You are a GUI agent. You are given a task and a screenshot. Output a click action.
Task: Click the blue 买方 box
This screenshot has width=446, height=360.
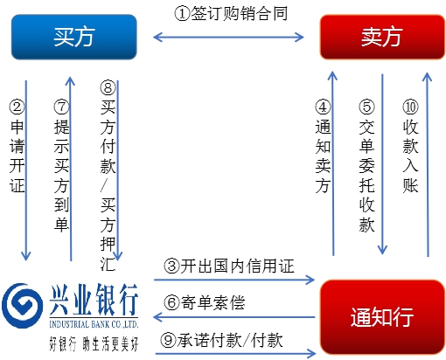tap(74, 37)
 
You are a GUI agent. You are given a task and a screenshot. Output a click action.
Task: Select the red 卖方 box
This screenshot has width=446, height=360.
tap(382, 37)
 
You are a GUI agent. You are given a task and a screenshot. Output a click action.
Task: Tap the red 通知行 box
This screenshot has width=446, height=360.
tap(382, 317)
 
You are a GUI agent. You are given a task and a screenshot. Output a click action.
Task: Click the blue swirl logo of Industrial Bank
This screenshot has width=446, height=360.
tap(22, 306)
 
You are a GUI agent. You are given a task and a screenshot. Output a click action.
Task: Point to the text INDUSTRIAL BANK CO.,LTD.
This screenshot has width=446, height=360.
tap(94, 324)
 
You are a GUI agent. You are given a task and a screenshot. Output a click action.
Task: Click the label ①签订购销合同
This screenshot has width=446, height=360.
tap(231, 14)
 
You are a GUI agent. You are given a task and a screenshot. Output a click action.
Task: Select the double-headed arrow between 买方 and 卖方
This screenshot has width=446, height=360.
tap(228, 37)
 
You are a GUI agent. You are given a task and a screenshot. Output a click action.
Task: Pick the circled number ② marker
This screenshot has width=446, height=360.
tap(17, 107)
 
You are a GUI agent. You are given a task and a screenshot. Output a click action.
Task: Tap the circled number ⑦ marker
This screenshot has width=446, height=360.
tap(61, 107)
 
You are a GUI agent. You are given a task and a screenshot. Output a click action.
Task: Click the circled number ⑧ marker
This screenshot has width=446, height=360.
tap(108, 87)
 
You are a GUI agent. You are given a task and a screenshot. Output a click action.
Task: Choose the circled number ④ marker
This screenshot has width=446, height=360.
tap(323, 107)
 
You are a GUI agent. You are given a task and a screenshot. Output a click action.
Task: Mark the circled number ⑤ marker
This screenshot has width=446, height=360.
tap(366, 107)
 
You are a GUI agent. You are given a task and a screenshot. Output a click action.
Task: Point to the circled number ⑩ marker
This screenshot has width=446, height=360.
tap(410, 107)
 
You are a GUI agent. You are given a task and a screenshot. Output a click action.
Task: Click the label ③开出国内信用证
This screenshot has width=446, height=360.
tap(229, 267)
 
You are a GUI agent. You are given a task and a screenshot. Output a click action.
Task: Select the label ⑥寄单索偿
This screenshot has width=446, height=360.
tap(205, 302)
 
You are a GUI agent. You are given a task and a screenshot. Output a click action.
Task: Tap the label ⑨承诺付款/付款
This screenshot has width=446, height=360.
tap(221, 340)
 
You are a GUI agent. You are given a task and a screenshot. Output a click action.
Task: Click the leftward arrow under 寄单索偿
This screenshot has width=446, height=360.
tap(234, 317)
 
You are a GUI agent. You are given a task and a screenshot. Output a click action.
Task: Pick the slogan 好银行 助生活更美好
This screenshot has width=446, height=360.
tap(94, 344)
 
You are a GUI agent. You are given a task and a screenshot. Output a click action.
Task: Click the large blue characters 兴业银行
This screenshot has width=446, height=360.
tap(94, 300)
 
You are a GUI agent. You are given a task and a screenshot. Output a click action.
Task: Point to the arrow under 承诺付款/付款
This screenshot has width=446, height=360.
tap(236, 354)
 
